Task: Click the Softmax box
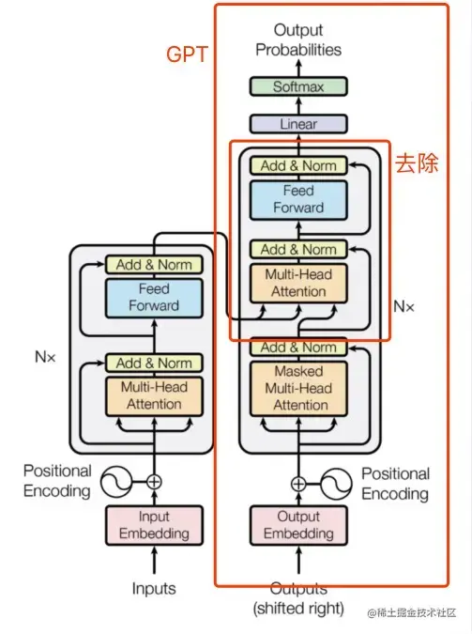click(x=298, y=86)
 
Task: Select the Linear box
click(x=298, y=124)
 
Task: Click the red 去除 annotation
click(x=416, y=162)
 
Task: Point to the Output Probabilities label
click(x=298, y=40)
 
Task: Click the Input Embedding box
click(x=154, y=525)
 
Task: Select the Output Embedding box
click(x=298, y=525)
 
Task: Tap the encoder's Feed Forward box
click(x=154, y=298)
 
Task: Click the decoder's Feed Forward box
click(x=298, y=199)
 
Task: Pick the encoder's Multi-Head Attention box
click(x=154, y=395)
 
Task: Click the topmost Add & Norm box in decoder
click(x=298, y=165)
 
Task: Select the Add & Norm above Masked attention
click(x=298, y=348)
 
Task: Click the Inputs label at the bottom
click(x=154, y=589)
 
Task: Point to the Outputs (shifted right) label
click(x=298, y=597)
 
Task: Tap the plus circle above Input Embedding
click(x=154, y=482)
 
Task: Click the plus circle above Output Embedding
click(x=298, y=484)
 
